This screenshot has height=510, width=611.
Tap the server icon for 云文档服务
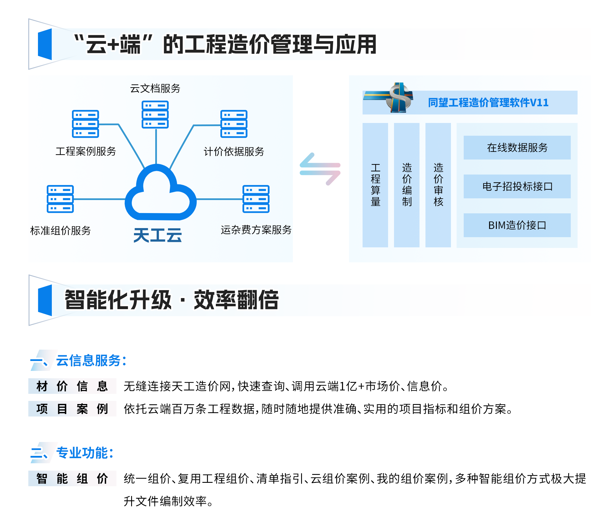coord(155,114)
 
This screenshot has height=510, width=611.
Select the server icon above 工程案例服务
coord(86,124)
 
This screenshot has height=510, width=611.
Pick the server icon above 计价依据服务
coord(234,124)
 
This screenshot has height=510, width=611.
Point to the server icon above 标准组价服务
coord(60,199)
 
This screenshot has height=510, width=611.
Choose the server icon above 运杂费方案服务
coord(256,199)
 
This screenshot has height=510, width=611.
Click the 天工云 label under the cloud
coord(157,235)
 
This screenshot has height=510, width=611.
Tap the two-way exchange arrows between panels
coord(320,169)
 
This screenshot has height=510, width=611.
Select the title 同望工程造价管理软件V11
coord(488,103)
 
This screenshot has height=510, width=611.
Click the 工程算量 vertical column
coord(375,185)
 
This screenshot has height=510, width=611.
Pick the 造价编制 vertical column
coord(407,185)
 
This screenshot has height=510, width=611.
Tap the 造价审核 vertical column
coord(438,185)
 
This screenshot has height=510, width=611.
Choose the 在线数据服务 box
coord(517,148)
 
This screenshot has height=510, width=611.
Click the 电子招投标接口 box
coord(517,186)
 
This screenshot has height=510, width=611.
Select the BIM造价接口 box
coord(517,225)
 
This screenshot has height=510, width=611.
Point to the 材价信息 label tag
coord(72,386)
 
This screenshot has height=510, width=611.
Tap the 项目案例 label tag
coord(72,409)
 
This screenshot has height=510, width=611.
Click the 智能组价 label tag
coord(72,479)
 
